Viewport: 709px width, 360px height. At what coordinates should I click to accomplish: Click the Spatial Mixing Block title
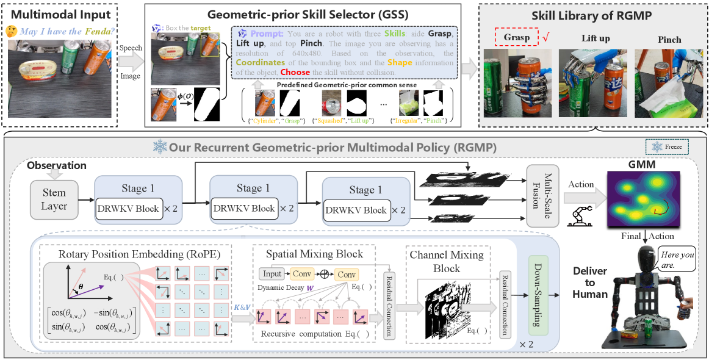[315, 253]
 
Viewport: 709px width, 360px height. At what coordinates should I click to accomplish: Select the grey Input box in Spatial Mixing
[272, 273]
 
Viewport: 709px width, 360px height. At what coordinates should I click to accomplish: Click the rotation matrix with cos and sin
[93, 322]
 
